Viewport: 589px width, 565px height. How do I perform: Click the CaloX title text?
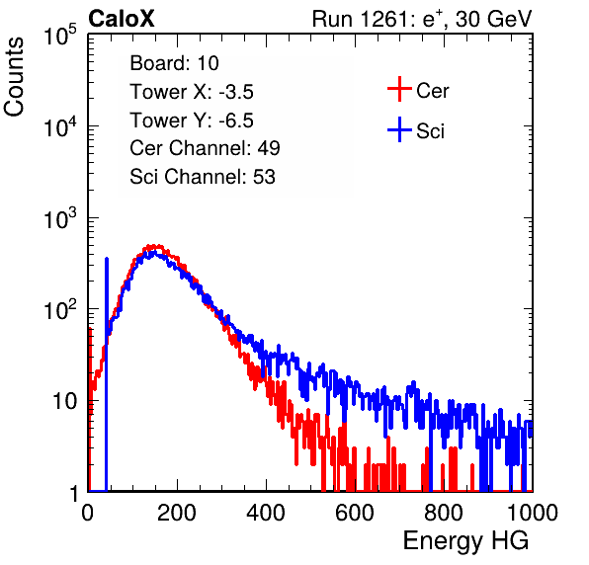point(122,19)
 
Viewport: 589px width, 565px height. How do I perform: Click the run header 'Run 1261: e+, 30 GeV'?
point(422,19)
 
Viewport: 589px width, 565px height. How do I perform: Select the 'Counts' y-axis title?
point(14,77)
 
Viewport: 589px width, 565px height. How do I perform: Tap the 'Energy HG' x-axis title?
point(465,540)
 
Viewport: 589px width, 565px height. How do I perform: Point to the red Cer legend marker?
point(399,89)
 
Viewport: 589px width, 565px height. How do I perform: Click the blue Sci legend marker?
point(399,129)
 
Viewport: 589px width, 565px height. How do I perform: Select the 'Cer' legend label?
point(432,91)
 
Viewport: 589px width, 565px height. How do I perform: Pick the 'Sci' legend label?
point(430,131)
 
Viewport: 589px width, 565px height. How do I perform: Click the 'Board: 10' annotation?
point(174,63)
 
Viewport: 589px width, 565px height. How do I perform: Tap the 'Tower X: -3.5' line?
point(192,92)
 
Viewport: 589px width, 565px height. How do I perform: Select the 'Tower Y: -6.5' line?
point(192,121)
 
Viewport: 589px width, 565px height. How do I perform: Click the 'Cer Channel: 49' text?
point(205,148)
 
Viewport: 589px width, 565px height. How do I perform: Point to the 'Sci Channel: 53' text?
point(203,177)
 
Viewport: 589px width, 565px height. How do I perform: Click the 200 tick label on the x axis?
point(177,513)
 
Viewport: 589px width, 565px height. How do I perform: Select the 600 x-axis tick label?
point(355,513)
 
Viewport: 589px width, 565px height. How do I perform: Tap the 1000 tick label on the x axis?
point(533,513)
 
